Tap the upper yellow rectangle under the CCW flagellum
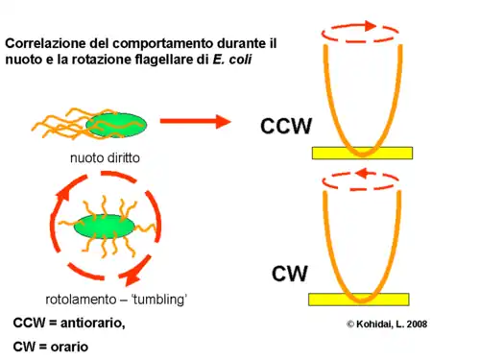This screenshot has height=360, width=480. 362,153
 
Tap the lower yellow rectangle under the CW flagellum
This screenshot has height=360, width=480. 358,300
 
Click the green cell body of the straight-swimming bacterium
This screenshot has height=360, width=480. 116,124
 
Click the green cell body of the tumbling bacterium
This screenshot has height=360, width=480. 100,228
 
